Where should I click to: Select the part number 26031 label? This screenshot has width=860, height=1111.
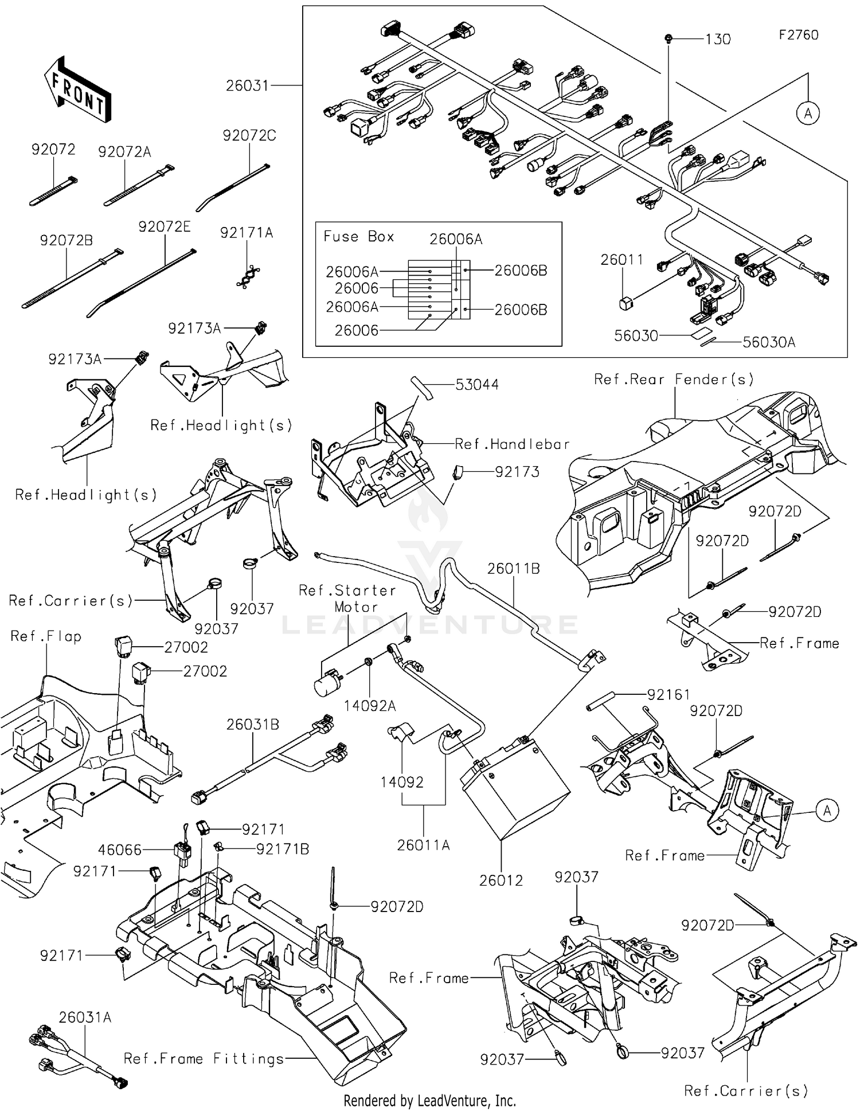[247, 86]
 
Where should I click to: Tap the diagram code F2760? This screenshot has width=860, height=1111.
[798, 35]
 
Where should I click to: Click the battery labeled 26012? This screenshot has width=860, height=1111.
[515, 787]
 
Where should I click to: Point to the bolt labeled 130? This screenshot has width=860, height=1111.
[669, 38]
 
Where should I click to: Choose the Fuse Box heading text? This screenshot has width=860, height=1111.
[358, 237]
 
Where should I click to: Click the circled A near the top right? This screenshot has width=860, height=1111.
[808, 114]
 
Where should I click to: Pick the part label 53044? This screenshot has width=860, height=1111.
[476, 385]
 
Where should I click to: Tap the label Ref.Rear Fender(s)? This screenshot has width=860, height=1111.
[674, 380]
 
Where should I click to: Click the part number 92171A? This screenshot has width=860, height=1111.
[247, 233]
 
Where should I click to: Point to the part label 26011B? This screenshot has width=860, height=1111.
[514, 569]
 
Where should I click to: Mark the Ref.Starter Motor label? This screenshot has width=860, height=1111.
[348, 598]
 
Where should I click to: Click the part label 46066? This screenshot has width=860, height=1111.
[119, 850]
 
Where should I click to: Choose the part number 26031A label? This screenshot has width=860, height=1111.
[85, 1018]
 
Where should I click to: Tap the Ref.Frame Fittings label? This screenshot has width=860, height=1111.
[204, 1059]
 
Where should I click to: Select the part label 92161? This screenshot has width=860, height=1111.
[669, 695]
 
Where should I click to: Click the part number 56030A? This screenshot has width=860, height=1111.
[769, 342]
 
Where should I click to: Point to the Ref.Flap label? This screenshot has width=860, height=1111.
[46, 636]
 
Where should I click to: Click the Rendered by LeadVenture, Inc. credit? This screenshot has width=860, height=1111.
[429, 1101]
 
